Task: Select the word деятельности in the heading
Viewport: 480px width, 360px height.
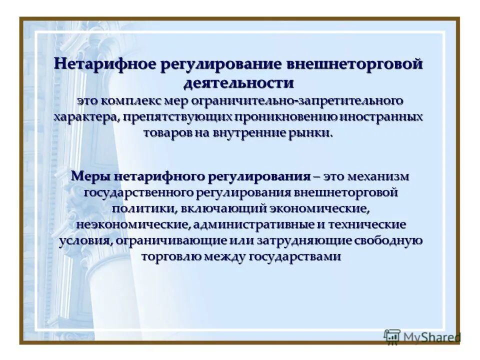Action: point(239,81)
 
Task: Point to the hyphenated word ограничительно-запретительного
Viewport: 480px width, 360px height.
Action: point(295,100)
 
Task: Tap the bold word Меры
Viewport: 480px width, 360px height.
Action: point(91,176)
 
